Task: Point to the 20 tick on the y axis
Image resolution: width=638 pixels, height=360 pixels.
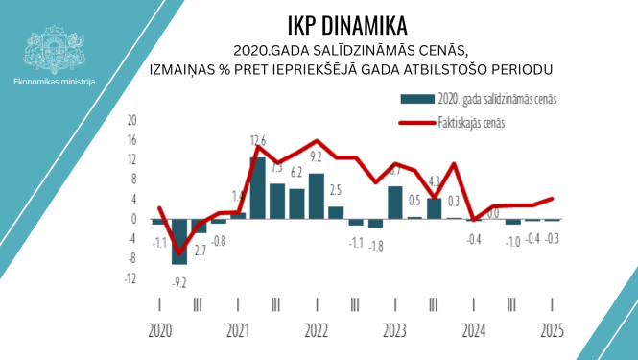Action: (x=132, y=120)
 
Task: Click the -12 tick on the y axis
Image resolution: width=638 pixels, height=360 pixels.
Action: (x=131, y=278)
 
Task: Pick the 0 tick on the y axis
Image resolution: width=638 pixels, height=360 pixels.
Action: (x=134, y=219)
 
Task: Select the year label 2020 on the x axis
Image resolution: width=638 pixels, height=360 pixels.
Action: (x=159, y=331)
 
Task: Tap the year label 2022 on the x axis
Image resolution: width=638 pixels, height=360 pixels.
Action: (x=317, y=331)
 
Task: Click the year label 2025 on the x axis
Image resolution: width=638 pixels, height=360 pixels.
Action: (x=552, y=331)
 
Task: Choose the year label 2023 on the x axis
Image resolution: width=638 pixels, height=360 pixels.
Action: (x=395, y=331)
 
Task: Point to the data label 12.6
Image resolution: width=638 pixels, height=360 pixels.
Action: (x=257, y=142)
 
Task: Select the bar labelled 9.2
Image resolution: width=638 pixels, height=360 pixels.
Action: (x=316, y=196)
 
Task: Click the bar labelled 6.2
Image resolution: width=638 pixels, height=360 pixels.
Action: (x=296, y=204)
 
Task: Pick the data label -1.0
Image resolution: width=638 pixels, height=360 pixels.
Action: (x=514, y=240)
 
